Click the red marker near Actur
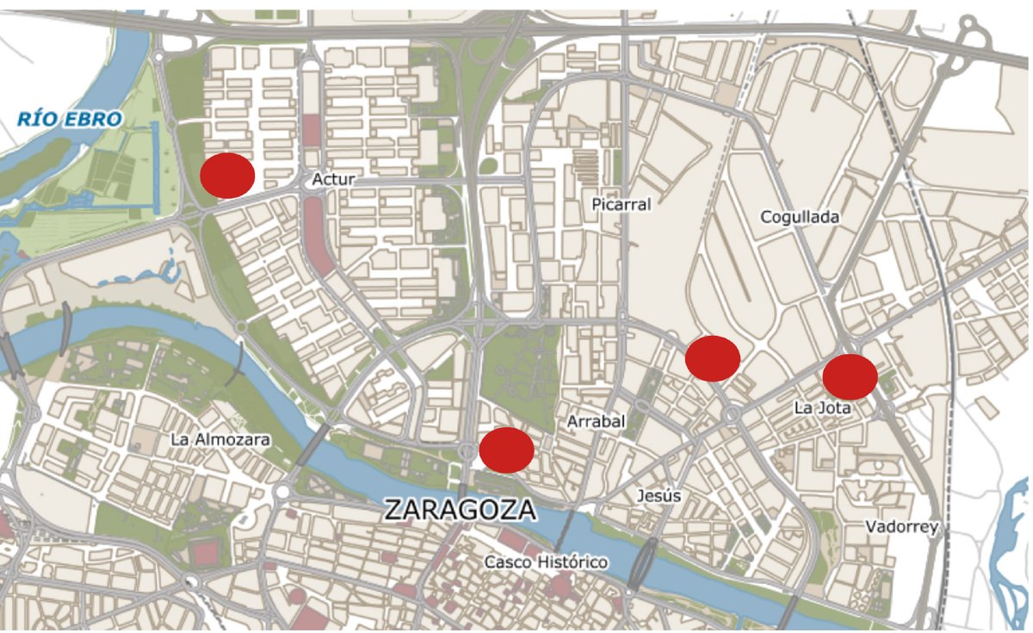tap(227, 175)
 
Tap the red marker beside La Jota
tap(850, 376)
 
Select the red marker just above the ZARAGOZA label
tap(506, 450)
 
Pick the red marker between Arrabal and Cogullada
tap(713, 358)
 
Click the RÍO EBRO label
tap(69, 120)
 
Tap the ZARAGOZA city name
tap(460, 510)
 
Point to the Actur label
tap(333, 179)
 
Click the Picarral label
tap(622, 204)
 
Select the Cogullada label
tap(799, 217)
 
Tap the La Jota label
tap(821, 408)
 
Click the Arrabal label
tap(596, 421)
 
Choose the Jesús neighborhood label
tap(659, 496)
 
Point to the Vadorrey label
tap(901, 527)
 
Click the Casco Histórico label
tap(546, 562)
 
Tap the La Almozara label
tap(220, 439)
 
